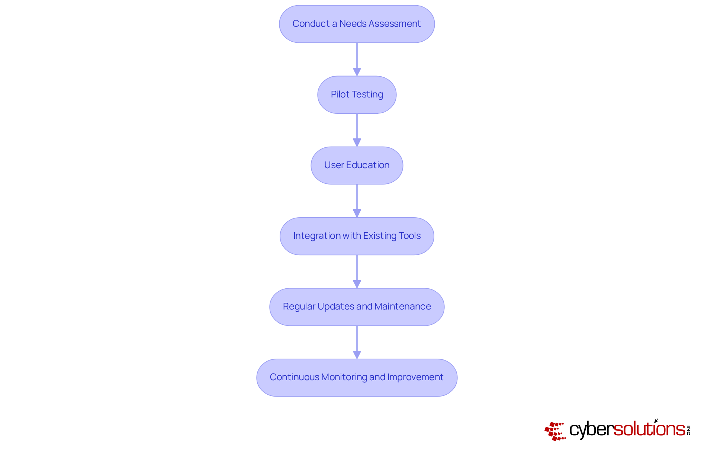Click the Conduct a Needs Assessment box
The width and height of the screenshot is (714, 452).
[357, 24]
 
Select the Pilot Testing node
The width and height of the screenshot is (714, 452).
[357, 94]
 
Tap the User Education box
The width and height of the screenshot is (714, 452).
[357, 165]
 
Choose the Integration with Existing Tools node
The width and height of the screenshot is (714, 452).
[357, 236]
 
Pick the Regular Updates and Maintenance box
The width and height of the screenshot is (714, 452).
[357, 307]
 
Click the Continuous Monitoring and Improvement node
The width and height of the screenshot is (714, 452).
[357, 377]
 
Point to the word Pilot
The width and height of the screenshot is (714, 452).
[340, 94]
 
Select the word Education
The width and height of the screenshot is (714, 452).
[367, 165]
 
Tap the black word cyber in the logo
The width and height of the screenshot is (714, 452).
[591, 430]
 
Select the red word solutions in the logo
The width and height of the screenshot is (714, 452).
[649, 429]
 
